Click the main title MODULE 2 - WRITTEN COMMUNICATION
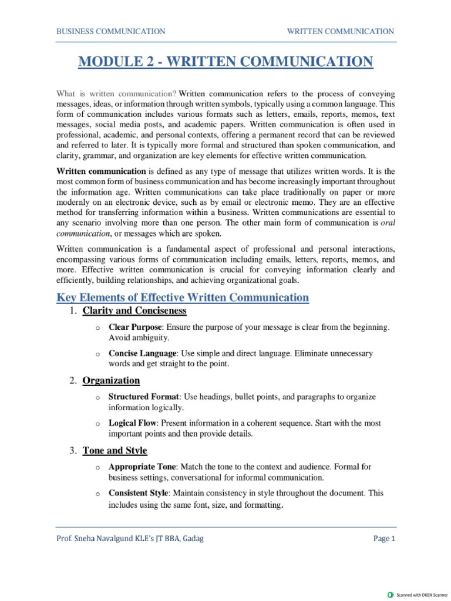click(225, 62)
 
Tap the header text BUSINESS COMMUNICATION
click(110, 31)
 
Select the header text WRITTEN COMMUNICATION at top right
click(340, 31)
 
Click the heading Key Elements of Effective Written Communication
click(182, 298)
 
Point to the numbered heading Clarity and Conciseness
click(134, 310)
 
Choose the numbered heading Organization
click(111, 381)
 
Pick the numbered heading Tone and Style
click(115, 451)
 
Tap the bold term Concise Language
click(142, 354)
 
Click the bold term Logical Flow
click(132, 423)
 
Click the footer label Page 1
click(385, 539)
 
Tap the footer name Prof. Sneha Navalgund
click(96, 539)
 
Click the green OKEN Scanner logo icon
click(391, 595)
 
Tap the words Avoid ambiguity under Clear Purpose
click(130, 338)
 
